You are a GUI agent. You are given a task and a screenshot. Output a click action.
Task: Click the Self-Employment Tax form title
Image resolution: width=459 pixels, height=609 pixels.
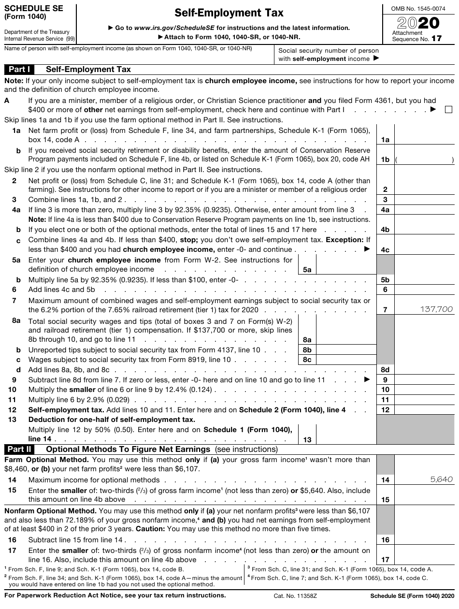pyautogui.click(x=229, y=13)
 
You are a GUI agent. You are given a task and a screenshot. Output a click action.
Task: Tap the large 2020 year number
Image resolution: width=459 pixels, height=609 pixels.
pyautogui.click(x=418, y=23)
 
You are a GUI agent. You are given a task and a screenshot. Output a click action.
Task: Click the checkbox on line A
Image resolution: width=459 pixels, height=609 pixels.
pyautogui.click(x=448, y=110)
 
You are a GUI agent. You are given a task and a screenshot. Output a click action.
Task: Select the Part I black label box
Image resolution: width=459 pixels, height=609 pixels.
pyautogui.click(x=20, y=69)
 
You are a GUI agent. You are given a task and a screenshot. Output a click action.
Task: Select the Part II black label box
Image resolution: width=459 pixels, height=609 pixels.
pyautogui.click(x=20, y=449)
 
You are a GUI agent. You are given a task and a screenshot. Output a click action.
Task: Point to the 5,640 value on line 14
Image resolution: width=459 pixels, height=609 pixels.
pyautogui.click(x=441, y=479)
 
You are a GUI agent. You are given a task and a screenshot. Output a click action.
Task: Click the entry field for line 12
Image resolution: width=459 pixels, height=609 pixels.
pyautogui.click(x=425, y=409)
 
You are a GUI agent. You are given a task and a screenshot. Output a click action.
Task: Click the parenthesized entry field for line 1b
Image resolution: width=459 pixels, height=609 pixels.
pyautogui.click(x=425, y=159)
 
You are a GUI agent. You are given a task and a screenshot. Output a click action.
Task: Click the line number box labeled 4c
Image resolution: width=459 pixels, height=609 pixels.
pyautogui.click(x=385, y=250)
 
